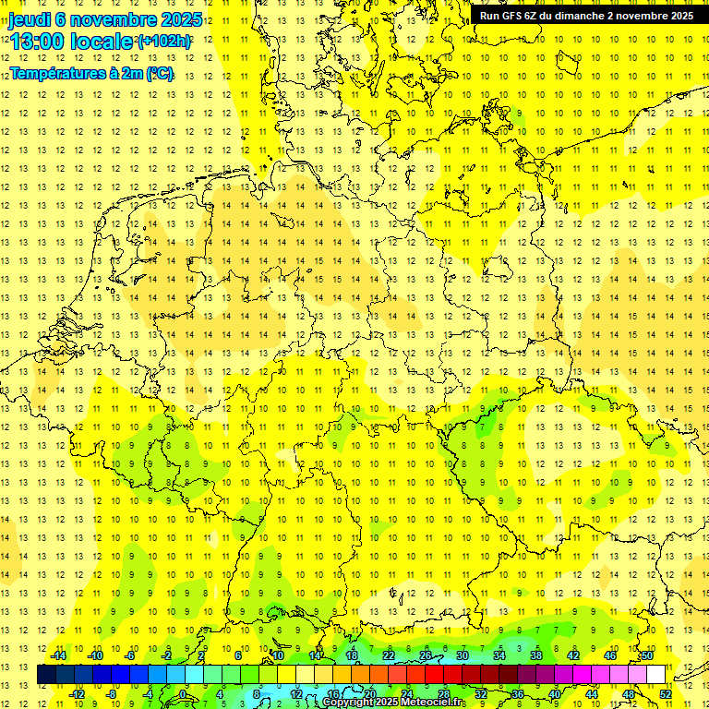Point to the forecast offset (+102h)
point(163,42)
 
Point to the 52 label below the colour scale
point(665,693)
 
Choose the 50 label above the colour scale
point(647,655)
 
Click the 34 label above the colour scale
point(499,655)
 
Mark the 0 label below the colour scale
point(183,693)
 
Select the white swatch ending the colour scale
point(656,675)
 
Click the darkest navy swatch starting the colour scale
point(46,675)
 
